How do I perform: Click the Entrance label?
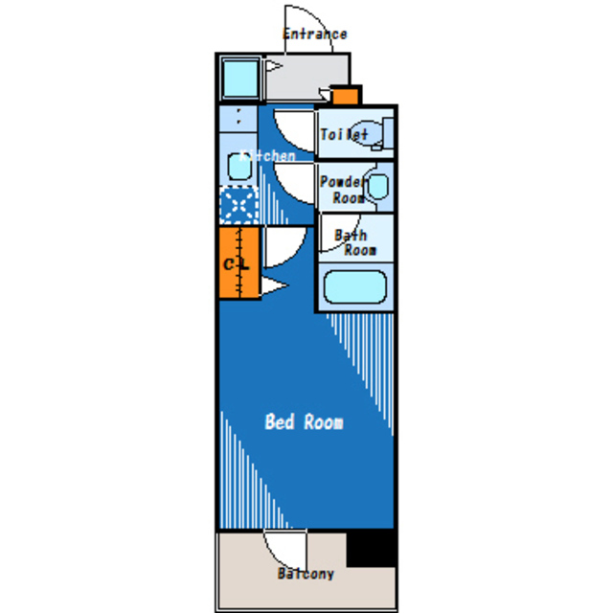click(x=314, y=34)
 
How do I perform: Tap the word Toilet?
click(x=343, y=135)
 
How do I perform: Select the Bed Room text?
click(x=304, y=421)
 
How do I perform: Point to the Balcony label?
click(x=306, y=574)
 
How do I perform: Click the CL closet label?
click(x=237, y=263)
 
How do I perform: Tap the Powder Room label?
click(x=343, y=190)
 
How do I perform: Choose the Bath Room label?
click(x=353, y=242)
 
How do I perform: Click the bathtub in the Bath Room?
click(x=353, y=287)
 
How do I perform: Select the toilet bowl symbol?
click(x=369, y=134)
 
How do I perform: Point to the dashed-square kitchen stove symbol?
click(x=238, y=204)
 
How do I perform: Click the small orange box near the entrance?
click(x=345, y=95)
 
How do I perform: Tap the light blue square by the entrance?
click(x=239, y=78)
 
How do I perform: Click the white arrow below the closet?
click(x=274, y=285)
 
